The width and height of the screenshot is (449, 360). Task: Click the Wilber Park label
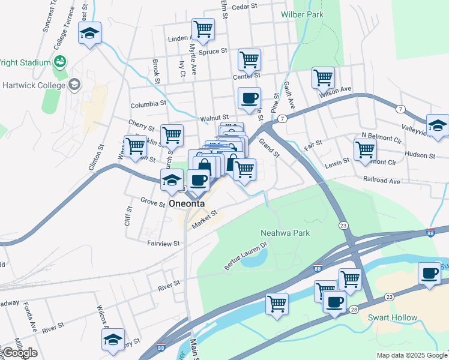coord(303,14)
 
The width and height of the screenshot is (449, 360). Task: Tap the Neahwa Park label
coord(285,232)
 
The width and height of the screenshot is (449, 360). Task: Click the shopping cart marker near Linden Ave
coord(203,28)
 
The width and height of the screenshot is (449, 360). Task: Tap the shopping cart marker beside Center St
coord(249,59)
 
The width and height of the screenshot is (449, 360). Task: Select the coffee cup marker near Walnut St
coord(249,98)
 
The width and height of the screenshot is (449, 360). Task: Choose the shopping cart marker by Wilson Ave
coord(323,77)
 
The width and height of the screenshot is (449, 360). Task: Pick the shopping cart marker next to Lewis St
coord(364,149)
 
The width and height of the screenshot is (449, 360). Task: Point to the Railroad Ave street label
coord(381,179)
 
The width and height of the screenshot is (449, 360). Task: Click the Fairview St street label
coord(163,243)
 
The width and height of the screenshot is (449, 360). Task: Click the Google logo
coord(19,352)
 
